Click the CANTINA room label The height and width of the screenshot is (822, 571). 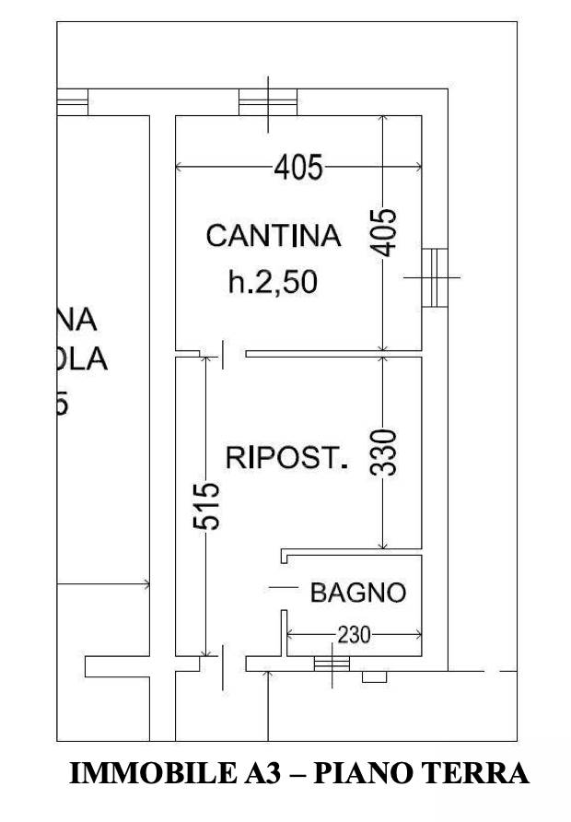pyautogui.click(x=273, y=236)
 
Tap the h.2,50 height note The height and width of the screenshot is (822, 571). pyautogui.click(x=273, y=282)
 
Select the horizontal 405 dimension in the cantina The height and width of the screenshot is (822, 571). pyautogui.click(x=299, y=168)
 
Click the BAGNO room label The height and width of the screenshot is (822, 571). pyautogui.click(x=357, y=593)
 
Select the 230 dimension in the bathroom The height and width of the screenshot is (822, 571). pyautogui.click(x=354, y=635)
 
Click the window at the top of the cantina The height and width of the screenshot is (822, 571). pyautogui.click(x=268, y=100)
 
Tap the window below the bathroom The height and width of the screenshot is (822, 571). pyautogui.click(x=332, y=663)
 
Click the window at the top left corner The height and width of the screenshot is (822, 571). pyautogui.click(x=72, y=100)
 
